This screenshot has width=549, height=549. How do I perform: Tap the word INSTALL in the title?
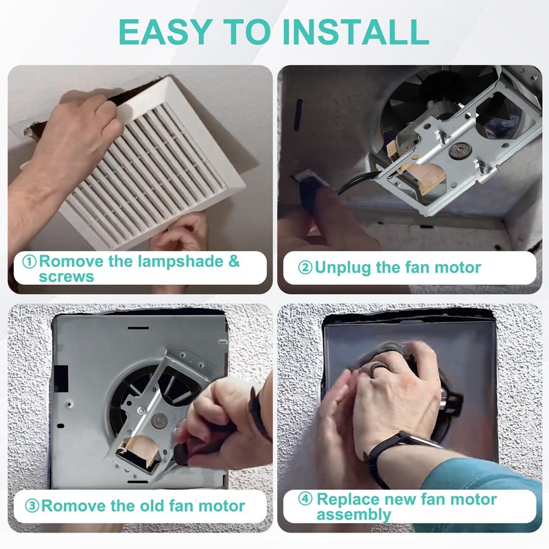pyautogui.click(x=355, y=32)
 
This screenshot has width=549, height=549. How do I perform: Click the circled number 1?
pyautogui.click(x=29, y=261)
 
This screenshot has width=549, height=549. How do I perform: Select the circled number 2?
pyautogui.click(x=305, y=268)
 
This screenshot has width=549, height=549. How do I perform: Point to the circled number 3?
pyautogui.click(x=32, y=506)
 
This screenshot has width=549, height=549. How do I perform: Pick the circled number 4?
pyautogui.click(x=305, y=499)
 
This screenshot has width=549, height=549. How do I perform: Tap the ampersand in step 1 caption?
pyautogui.click(x=234, y=261)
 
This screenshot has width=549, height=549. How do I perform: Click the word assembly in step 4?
pyautogui.click(x=353, y=515)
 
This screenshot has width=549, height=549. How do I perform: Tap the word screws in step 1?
pyautogui.click(x=67, y=277)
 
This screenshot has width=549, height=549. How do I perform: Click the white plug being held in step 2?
pyautogui.click(x=308, y=178)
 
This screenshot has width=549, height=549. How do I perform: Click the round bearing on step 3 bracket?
pyautogui.click(x=159, y=419)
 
